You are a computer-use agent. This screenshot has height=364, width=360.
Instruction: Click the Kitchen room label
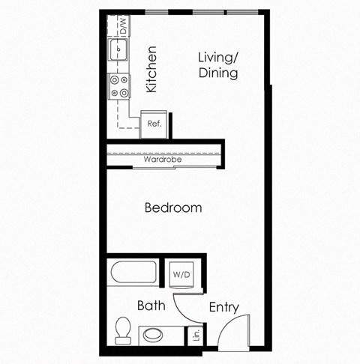151,70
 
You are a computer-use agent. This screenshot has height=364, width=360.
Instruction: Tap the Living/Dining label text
218,65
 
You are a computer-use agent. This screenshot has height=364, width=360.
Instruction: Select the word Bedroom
172,207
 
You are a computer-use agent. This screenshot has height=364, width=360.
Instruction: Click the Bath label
151,306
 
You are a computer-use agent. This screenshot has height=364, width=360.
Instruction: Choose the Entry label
223,306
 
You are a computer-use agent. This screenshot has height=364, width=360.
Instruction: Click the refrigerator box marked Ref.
155,124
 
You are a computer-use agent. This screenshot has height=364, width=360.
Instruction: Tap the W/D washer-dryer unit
181,275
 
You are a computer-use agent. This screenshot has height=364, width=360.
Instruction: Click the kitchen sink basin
118,51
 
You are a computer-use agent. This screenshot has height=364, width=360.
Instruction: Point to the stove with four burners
118,86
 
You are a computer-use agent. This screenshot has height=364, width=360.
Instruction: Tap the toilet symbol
123,329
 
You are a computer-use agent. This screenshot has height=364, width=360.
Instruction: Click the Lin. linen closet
196,334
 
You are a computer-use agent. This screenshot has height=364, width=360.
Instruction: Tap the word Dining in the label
218,73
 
